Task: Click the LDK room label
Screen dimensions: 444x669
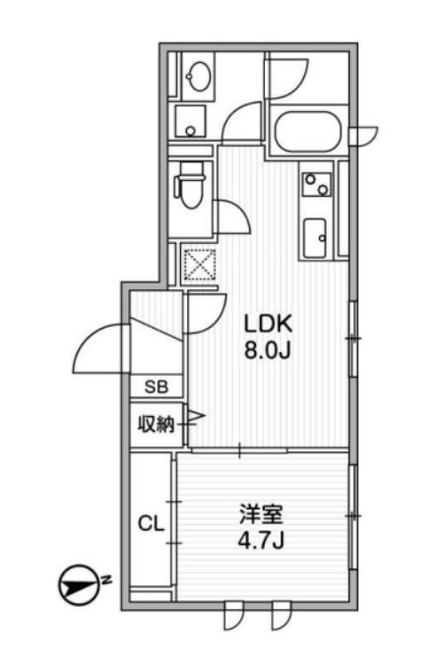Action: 268,324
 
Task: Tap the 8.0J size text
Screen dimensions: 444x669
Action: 268,350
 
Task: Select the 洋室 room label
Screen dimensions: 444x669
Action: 261,515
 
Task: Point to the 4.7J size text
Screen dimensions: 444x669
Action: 261,541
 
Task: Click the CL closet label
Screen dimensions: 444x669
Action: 151,523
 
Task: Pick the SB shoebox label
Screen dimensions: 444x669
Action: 157,387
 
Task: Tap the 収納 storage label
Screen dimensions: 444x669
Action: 156,425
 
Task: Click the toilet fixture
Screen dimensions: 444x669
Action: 189,186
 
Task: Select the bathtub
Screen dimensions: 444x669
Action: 308,131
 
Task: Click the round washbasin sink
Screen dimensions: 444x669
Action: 199,77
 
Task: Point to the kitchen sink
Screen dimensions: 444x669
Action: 315,238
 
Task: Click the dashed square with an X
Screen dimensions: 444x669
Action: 200,266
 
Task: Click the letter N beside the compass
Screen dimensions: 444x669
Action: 106,579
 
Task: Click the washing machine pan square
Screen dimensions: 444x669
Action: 190,121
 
